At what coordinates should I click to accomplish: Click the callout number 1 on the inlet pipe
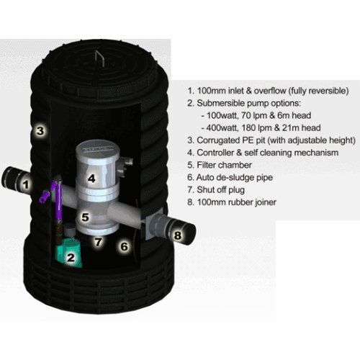pos(26,184)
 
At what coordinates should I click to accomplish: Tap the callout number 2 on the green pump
pos(71,258)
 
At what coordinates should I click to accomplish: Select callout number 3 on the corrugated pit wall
pos(40,131)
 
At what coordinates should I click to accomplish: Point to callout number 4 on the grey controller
pos(91,179)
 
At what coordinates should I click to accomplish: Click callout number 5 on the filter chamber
pos(86,217)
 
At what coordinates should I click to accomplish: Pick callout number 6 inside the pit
pos(124,246)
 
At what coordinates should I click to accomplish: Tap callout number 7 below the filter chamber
pos(98,242)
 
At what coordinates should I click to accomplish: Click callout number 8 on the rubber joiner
pos(178,235)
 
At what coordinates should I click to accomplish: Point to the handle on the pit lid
pos(99,58)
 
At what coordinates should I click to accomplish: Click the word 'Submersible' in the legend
pos(221,103)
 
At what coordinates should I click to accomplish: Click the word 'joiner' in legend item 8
pos(266,202)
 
